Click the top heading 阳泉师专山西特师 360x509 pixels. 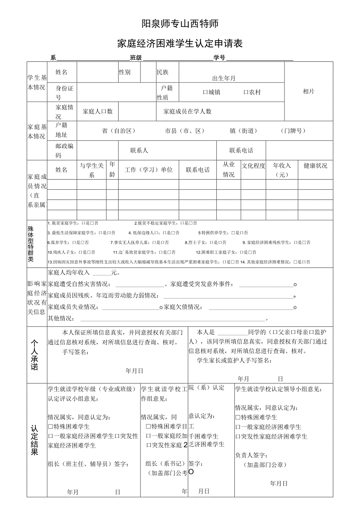pos(180,24)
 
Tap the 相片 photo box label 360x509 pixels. pos(308,92)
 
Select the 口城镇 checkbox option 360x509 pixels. pos(211,92)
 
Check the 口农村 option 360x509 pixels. pos(252,92)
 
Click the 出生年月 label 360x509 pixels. pos(224,78)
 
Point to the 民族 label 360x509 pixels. pos(163,72)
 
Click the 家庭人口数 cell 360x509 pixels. pos(97,112)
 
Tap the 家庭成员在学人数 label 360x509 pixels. pos(187,112)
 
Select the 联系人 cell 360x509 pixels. pos(139,150)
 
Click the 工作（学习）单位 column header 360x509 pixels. pos(148,170)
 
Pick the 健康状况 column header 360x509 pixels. pos(315,165)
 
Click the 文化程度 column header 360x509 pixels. pos(253,165)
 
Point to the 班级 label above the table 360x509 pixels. pos(136,58)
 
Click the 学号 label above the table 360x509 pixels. pos(219,58)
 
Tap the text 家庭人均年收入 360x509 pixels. pos(69,273)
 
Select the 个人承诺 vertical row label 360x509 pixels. pos(34,354)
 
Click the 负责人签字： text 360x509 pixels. pos(252,455)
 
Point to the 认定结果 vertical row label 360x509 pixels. pos(34,440)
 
